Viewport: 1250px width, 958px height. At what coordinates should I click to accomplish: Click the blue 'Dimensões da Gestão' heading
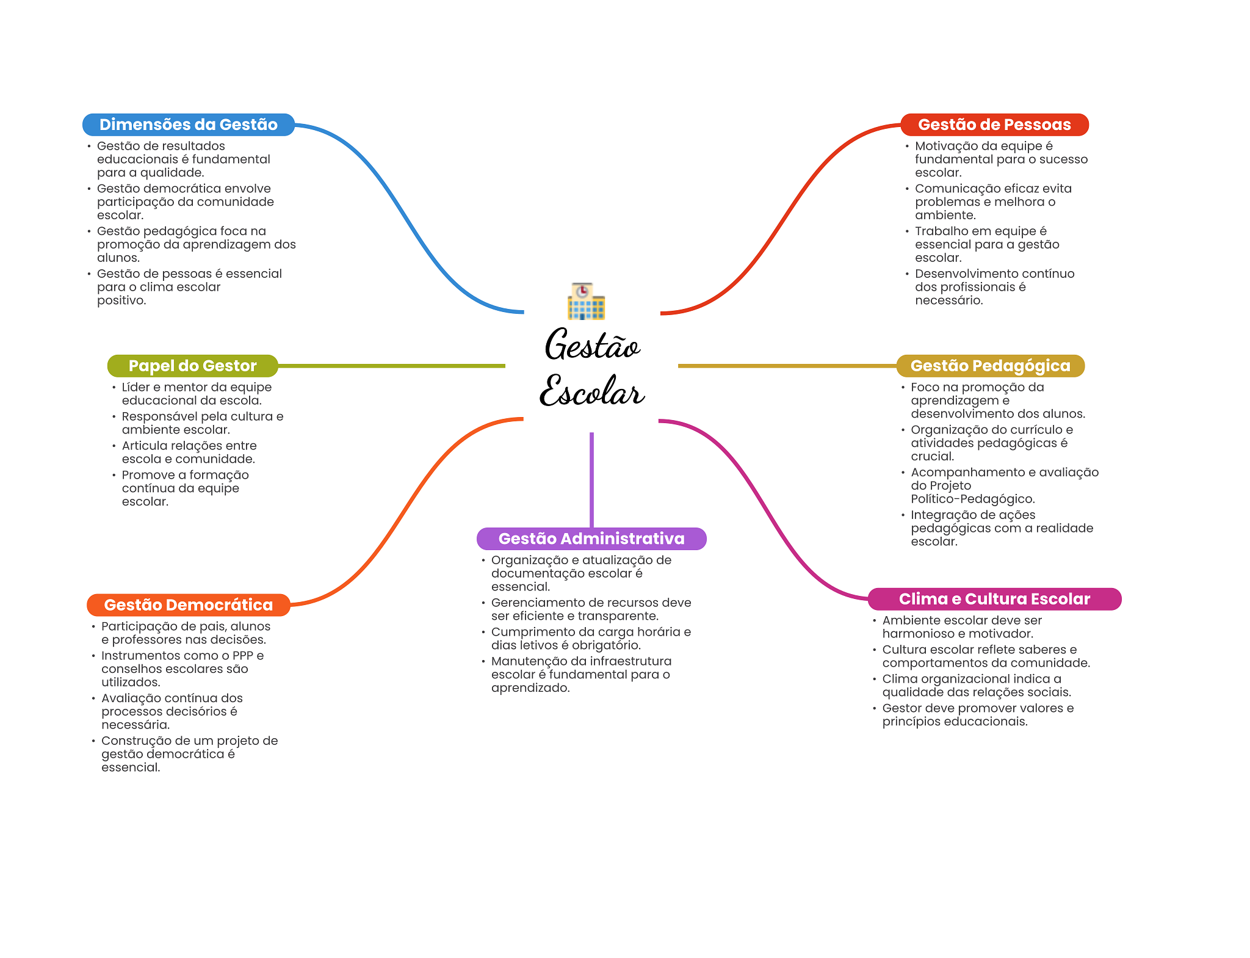tap(188, 125)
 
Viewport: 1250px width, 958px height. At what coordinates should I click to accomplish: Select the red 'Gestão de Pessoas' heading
tap(994, 125)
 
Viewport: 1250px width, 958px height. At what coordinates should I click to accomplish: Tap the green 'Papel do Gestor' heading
tap(192, 366)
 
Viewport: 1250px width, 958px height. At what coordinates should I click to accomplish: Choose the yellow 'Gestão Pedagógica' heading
tap(990, 366)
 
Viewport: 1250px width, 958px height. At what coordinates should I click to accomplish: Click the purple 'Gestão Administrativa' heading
tap(591, 539)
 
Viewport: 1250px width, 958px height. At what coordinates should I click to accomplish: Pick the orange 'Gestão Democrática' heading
tap(188, 605)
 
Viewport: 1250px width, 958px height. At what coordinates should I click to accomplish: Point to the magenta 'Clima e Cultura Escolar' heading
tap(994, 599)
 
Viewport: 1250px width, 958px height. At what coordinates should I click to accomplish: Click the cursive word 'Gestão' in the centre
tap(591, 345)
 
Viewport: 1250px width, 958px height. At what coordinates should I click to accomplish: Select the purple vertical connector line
tap(591, 479)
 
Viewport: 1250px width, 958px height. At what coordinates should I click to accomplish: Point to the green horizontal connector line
tap(391, 366)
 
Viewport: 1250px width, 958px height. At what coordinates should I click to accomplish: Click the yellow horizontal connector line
tap(787, 366)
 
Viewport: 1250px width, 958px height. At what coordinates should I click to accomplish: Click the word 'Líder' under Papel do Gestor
tap(135, 387)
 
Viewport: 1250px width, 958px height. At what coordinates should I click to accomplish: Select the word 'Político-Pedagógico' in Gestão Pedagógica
tap(972, 499)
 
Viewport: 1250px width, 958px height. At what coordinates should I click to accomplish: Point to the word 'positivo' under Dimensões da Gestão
tap(121, 300)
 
